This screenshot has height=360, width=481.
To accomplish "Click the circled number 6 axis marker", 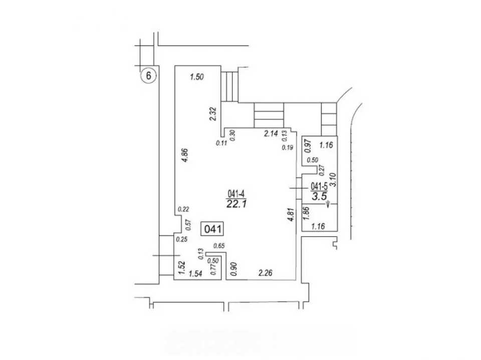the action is click(148, 76).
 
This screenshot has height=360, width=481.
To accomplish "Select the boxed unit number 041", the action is click(212, 229).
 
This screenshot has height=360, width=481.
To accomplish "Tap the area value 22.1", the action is click(236, 204).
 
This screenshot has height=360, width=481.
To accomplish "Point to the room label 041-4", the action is click(235, 194).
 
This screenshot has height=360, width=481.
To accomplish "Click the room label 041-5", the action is click(319, 186).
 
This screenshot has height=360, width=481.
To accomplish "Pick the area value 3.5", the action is click(319, 196).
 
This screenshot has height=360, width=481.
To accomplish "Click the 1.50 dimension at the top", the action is click(196, 77).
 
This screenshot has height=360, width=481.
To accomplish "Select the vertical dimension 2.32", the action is click(213, 114).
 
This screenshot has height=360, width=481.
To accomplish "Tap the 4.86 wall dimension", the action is click(185, 156).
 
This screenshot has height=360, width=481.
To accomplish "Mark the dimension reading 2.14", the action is click(271, 133).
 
